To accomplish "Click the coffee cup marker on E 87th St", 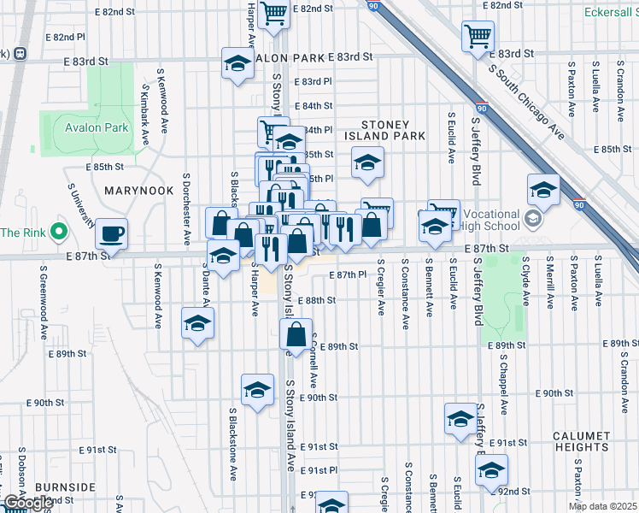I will point(111,233).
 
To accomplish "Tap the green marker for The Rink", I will point(58,232).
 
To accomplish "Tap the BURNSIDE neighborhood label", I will point(66,487).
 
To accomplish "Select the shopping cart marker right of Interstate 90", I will point(478,36).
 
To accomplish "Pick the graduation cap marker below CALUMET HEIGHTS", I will point(491,469).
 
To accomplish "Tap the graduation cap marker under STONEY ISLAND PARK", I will point(367,162).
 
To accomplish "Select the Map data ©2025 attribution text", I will point(601,506).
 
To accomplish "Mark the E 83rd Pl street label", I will point(313,82).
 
